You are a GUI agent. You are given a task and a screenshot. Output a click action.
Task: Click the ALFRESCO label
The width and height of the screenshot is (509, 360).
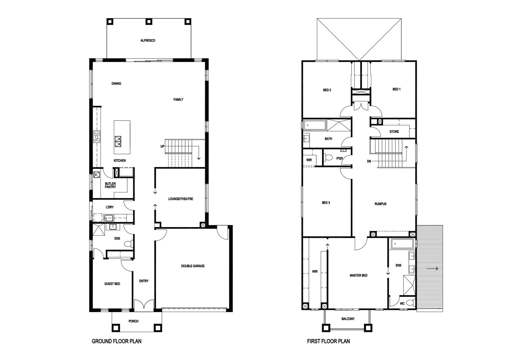tap(148, 41)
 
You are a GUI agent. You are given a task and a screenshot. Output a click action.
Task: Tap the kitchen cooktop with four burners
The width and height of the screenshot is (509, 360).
tap(97, 136)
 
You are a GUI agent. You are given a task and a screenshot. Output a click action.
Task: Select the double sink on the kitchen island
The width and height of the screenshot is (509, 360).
tap(118, 142)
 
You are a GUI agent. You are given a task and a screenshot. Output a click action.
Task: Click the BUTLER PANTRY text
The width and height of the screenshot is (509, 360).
tap(110, 185)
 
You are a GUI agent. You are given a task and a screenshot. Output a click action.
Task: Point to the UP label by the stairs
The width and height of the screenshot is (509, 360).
tap(162, 147)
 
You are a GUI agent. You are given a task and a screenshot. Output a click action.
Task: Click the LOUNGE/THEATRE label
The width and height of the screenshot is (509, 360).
tap(181, 199)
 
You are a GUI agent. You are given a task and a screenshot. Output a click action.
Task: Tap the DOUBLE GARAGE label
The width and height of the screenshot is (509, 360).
tap(193, 266)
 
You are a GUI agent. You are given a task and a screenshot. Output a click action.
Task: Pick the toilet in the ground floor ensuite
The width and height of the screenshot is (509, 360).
tap(129, 244)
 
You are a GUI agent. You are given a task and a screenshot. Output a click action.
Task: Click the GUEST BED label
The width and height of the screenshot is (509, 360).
tap(112, 284)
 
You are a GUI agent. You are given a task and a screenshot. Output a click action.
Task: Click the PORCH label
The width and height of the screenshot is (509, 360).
tap(133, 322)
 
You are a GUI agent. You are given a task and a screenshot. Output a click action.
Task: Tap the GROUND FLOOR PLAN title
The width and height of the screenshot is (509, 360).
tap(116, 341)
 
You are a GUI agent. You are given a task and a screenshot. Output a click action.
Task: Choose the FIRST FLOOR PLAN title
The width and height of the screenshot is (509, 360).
tap(328, 341)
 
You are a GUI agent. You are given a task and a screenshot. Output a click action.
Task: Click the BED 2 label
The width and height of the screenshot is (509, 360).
tap(327, 90)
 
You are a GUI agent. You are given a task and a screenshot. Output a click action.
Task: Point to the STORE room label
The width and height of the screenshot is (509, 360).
tap(394, 132)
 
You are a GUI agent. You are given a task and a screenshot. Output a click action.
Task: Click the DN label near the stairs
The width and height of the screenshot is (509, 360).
tap(369, 161)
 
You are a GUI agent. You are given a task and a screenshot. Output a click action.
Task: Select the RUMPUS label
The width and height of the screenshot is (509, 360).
tap(380, 204)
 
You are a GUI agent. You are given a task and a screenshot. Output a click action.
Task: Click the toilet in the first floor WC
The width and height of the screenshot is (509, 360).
tap(410, 303)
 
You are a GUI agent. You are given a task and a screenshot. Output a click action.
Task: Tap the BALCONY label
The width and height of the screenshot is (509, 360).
tap(348, 319)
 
